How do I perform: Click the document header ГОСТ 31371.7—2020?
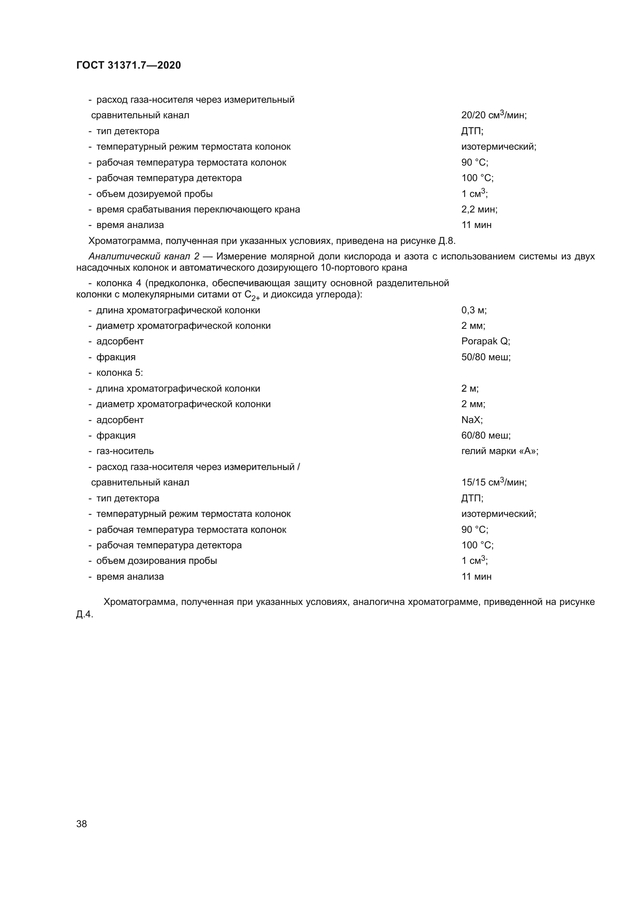[x=128, y=65]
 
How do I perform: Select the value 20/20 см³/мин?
[x=493, y=115]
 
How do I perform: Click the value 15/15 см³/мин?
[x=493, y=482]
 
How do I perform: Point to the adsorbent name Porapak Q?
[x=485, y=341]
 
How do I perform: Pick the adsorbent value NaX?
[x=472, y=420]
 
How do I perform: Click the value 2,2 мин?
[x=479, y=209]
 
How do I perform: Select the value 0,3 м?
[x=474, y=310]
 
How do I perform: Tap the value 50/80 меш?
[x=486, y=357]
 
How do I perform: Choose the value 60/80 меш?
[x=486, y=435]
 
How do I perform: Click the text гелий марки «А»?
[x=499, y=451]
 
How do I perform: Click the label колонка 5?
[x=120, y=373]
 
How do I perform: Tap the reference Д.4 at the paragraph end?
[x=84, y=615]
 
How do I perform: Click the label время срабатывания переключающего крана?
[x=198, y=209]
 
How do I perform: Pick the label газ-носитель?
[x=125, y=451]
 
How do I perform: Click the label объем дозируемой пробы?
[x=154, y=194]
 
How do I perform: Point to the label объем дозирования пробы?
[x=156, y=561]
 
